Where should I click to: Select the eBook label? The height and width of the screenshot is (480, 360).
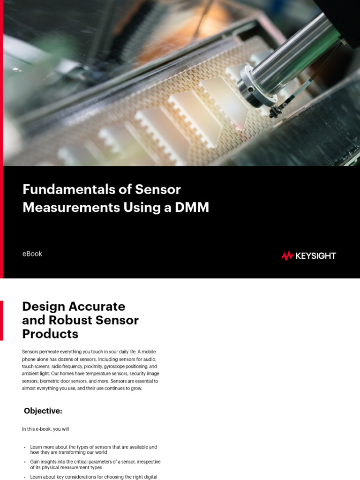tap(32, 254)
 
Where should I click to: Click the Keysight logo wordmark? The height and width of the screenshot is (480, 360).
tap(315, 256)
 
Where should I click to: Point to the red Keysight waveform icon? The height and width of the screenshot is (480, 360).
tap(287, 256)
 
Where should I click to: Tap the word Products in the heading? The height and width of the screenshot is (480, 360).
tap(50, 334)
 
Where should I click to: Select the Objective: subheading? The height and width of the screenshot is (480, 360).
tap(43, 411)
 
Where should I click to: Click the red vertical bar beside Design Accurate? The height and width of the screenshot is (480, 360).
tap(1, 320)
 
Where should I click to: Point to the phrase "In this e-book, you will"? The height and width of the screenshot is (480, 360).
tap(45, 429)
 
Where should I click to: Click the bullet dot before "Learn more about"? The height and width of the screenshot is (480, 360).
tap(25, 448)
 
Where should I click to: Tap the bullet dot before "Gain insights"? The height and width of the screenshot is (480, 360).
tap(25, 462)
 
